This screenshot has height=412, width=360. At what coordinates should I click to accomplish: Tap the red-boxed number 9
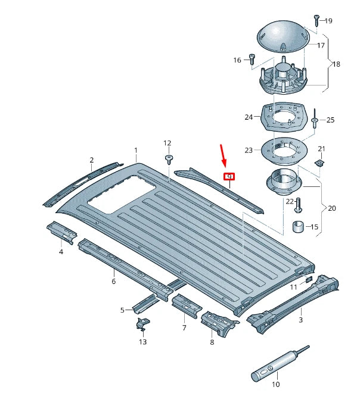[x=229, y=176]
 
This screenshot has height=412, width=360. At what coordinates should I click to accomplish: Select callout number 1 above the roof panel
[x=136, y=151]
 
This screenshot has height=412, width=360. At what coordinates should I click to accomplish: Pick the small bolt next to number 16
[x=252, y=60]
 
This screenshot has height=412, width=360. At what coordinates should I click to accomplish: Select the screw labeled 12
[x=169, y=158]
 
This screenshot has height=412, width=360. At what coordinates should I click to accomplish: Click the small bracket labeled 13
[x=142, y=325]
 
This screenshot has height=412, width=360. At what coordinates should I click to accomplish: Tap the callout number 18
[x=337, y=64]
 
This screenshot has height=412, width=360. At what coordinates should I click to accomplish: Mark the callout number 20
[x=332, y=208]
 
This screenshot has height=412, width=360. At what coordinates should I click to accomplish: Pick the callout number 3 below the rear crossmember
[x=301, y=320]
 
